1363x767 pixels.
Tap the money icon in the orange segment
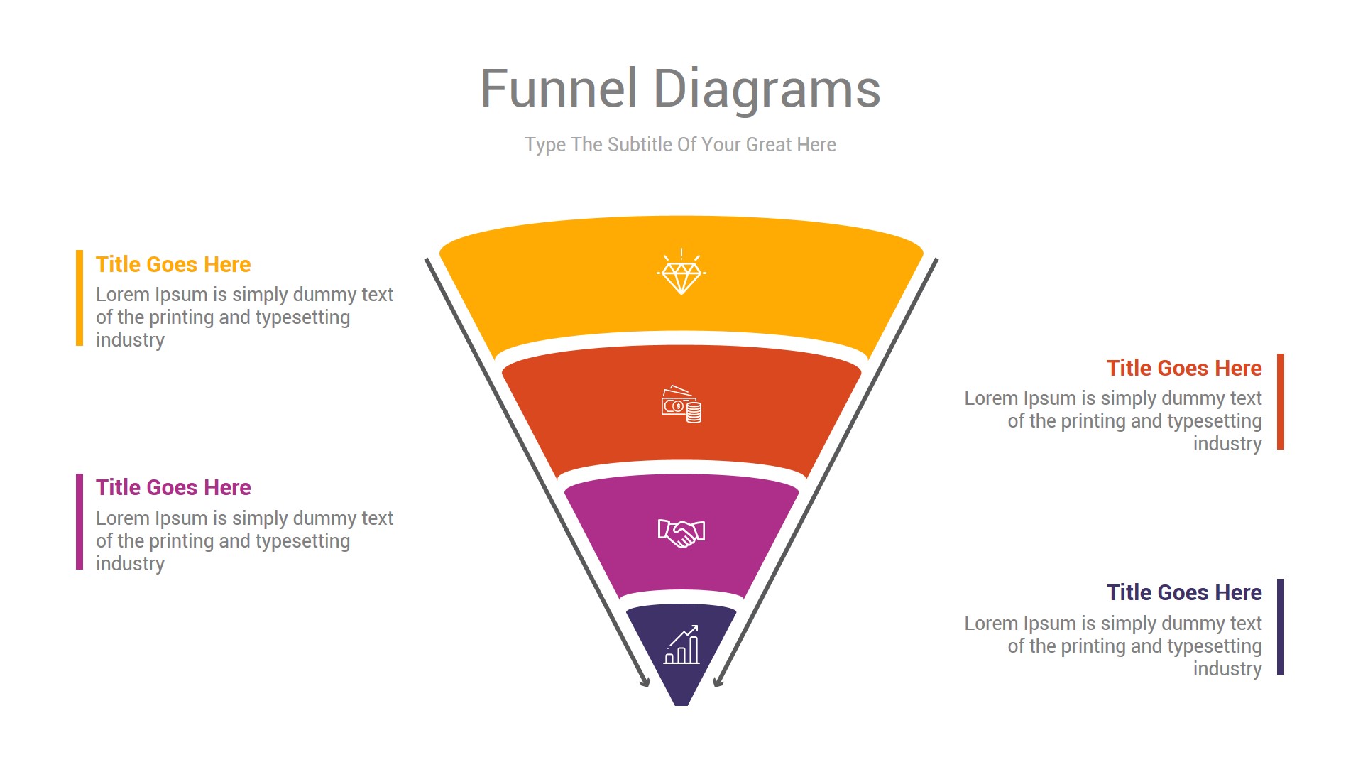[x=681, y=405]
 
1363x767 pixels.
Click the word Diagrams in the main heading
[x=766, y=89]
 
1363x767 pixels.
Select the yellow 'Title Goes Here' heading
[x=173, y=264]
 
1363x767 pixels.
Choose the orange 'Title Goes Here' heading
[x=1183, y=368]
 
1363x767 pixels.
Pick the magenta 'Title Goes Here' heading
[x=173, y=487]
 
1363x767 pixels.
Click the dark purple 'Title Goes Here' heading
[x=1183, y=592]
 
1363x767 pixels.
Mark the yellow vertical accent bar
[x=80, y=298]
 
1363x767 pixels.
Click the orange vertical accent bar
[x=1281, y=401]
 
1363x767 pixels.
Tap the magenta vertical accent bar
[x=80, y=521]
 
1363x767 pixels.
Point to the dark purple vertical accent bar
[x=1281, y=626]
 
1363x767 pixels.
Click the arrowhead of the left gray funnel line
[x=645, y=682]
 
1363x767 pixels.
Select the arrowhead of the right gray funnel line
[x=718, y=682]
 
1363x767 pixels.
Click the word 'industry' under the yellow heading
[x=130, y=340]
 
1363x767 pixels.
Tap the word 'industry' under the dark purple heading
[x=1227, y=669]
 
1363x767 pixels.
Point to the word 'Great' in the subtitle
[x=769, y=145]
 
